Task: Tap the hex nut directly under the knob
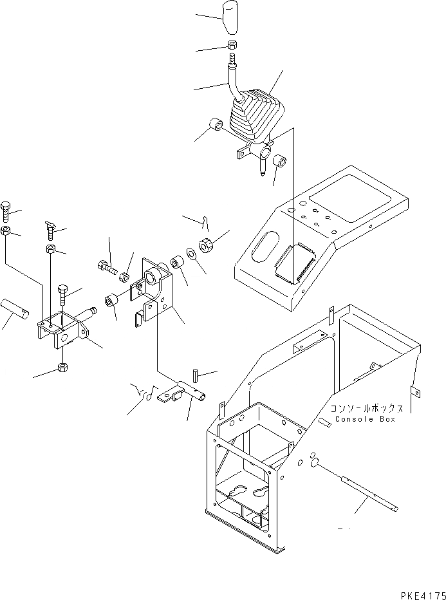232,46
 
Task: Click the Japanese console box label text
366,408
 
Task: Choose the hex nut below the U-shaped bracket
63,368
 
